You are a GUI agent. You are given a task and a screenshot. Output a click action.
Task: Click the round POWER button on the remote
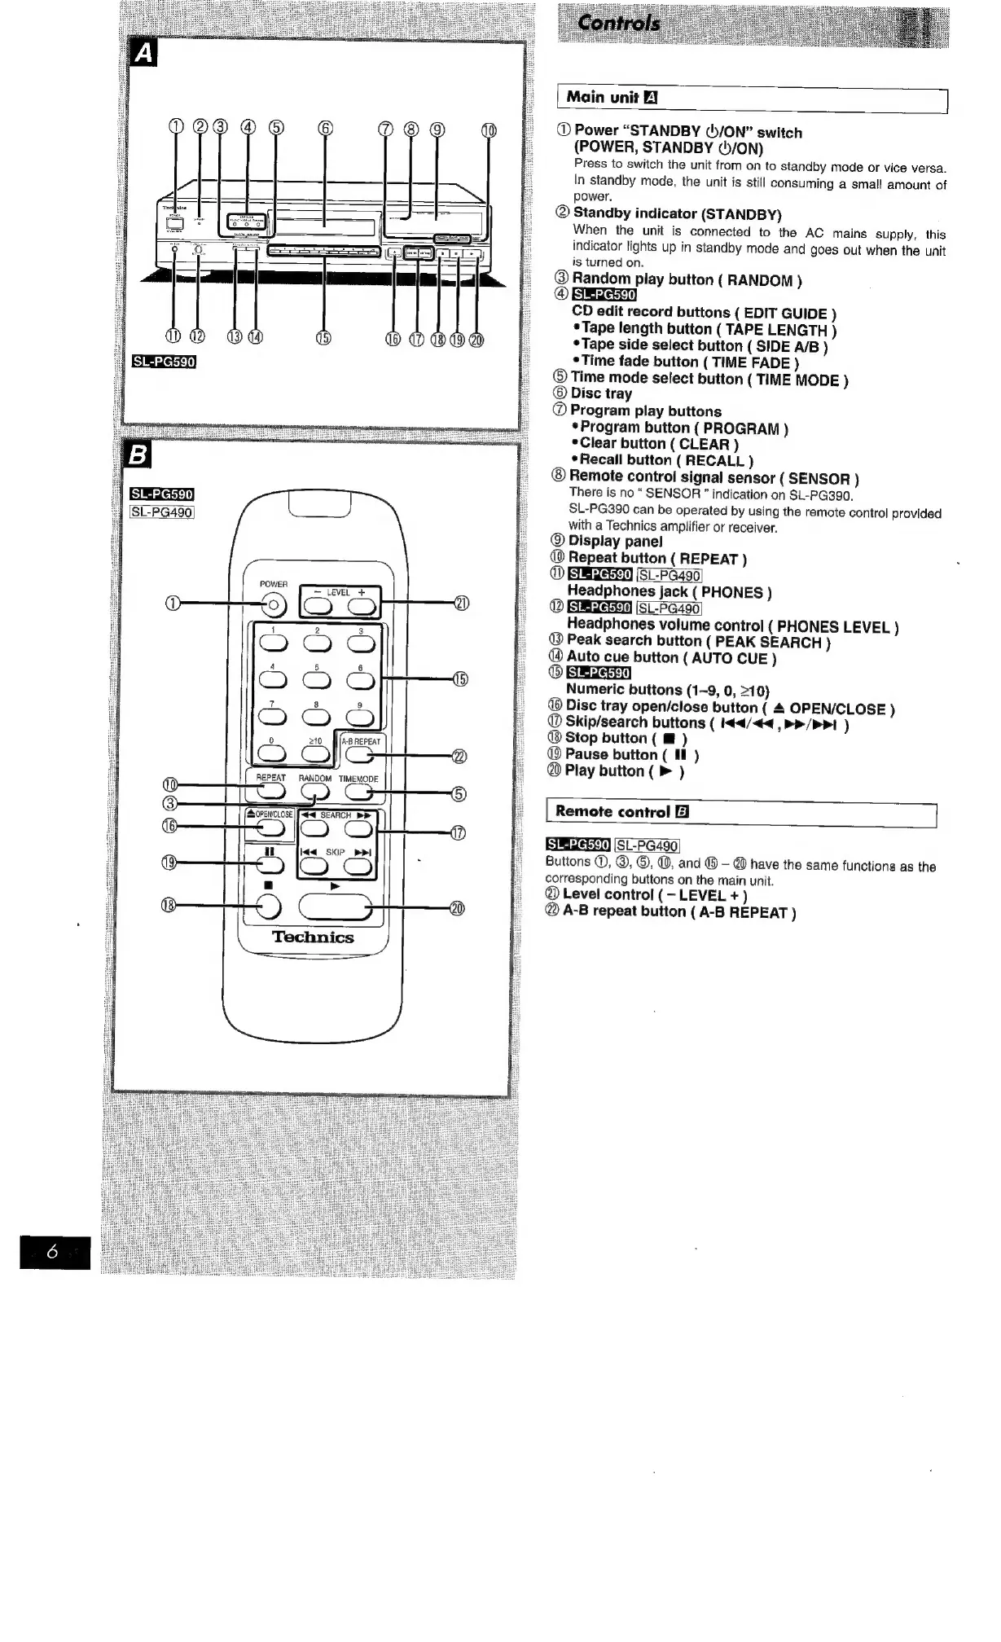274,604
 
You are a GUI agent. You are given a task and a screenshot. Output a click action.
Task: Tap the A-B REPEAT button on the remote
361,756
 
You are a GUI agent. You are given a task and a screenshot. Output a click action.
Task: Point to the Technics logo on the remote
313,937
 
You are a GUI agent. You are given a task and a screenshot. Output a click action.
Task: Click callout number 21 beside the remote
461,603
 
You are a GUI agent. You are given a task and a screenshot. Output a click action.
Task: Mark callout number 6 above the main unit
325,128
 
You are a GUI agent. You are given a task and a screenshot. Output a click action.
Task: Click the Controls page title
618,23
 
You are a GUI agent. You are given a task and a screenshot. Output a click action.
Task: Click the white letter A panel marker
143,54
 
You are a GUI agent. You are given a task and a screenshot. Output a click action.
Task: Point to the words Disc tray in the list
601,394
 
